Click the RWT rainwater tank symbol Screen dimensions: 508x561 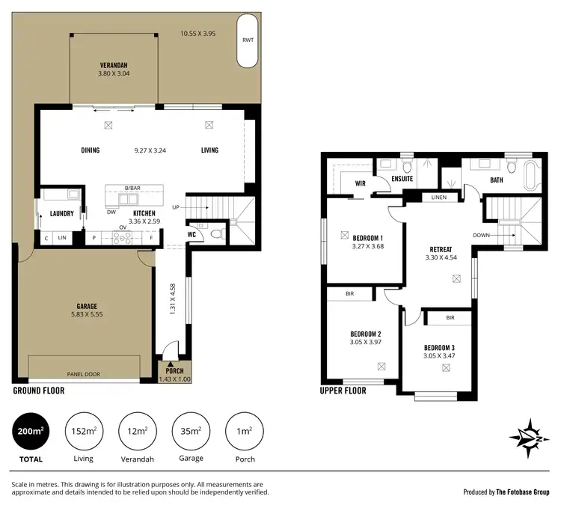click(246, 50)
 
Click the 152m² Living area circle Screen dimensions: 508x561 click(84, 432)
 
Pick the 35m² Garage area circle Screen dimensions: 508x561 click(190, 432)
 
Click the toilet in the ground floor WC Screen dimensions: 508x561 click(216, 233)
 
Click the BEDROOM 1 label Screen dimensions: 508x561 click(367, 237)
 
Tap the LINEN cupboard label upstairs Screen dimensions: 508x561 click(440, 198)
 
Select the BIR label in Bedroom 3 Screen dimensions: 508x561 click(450, 317)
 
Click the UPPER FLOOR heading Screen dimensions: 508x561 click(343, 391)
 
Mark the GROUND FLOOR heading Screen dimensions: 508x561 click(39, 391)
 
